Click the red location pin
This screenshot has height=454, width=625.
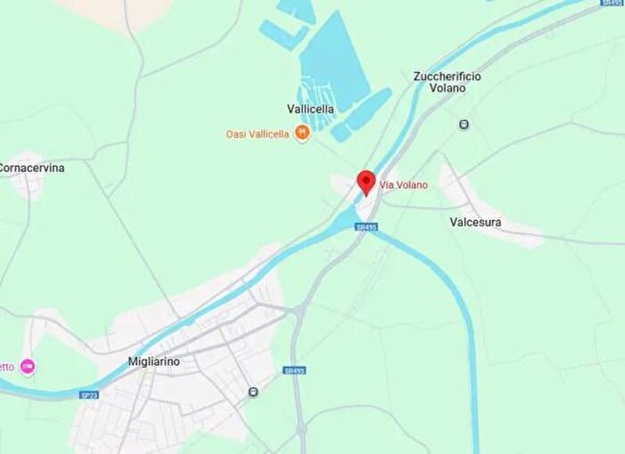(366, 181)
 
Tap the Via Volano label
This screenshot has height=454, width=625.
(404, 185)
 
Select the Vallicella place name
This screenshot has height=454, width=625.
(311, 109)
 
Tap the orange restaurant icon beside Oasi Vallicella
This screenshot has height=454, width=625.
(302, 134)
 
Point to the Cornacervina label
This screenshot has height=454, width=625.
(31, 167)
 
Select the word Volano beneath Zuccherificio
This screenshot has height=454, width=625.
(447, 89)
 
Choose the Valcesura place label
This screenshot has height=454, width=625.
(476, 222)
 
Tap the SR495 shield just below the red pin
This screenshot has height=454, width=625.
(366, 227)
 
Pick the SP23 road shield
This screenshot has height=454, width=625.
(88, 394)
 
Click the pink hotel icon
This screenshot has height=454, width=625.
(28, 367)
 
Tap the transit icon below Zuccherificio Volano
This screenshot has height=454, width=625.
(464, 124)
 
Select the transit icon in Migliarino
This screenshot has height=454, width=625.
(254, 392)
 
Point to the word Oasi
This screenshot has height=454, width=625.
(236, 134)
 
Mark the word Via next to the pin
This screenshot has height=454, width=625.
(387, 185)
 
